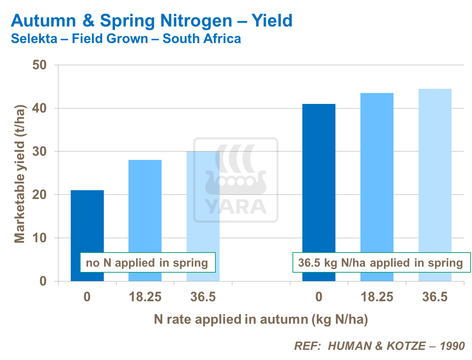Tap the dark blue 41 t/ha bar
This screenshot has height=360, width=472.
point(319,176)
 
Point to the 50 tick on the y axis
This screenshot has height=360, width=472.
point(39,65)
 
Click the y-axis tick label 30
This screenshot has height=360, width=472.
point(39,151)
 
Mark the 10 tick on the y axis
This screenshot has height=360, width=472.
point(39,238)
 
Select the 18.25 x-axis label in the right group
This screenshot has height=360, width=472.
point(377,297)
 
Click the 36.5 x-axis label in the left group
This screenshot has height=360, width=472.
point(203,297)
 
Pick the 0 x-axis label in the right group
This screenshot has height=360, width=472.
point(319,297)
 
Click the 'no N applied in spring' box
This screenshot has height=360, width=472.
point(147,263)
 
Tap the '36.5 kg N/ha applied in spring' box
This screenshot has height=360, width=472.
point(381,263)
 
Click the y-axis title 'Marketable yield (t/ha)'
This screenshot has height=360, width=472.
point(20,174)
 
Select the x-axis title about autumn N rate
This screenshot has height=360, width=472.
point(261,319)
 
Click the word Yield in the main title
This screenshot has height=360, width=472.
point(272,21)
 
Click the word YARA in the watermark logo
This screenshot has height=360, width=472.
point(236,207)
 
